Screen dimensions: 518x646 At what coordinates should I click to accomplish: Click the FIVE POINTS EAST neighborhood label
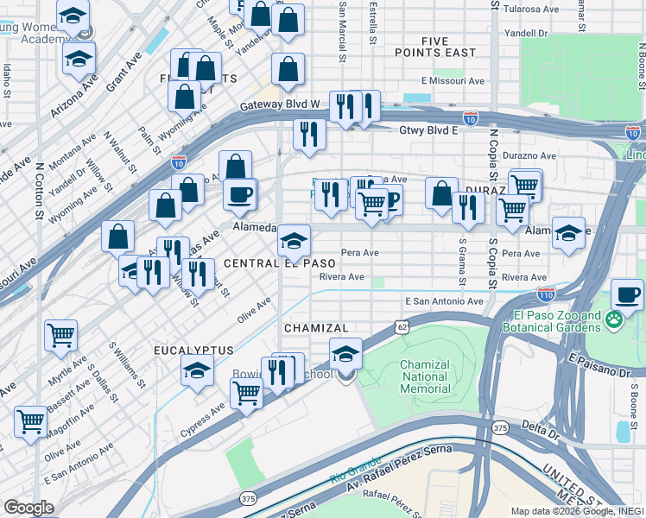[447, 47]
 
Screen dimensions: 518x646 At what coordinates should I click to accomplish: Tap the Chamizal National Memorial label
[425, 376]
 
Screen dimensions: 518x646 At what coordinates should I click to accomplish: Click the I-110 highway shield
[545, 294]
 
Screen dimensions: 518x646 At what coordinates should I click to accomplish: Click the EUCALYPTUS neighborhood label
[194, 350]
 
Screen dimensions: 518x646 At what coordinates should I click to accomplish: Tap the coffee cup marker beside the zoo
[628, 295]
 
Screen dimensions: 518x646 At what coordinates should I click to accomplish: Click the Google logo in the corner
[28, 508]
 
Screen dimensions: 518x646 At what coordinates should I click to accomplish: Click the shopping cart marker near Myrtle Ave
[60, 334]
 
